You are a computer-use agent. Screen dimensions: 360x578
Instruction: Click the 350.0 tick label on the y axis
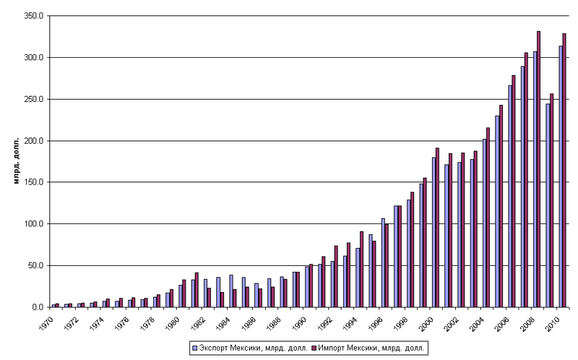33,16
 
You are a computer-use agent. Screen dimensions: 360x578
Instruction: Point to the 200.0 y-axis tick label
33,141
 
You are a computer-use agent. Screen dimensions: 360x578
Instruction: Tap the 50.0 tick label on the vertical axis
35,266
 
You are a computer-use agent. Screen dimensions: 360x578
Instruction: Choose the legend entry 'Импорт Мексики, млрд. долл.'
370,348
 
